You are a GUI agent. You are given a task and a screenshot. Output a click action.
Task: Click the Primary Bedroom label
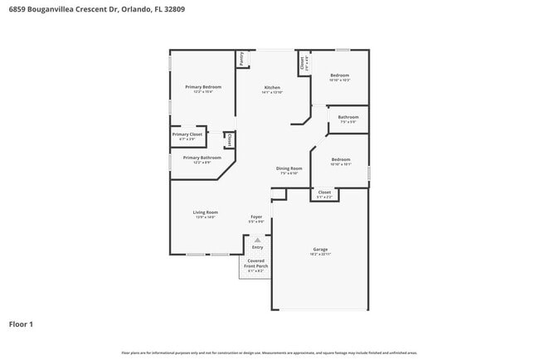(x=203, y=87)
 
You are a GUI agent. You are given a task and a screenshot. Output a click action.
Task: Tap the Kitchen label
(x=272, y=87)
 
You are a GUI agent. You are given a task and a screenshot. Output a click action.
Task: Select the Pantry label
(x=241, y=59)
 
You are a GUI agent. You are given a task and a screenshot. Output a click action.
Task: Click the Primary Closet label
(x=187, y=134)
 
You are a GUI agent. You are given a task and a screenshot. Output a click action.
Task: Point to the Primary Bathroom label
(x=202, y=158)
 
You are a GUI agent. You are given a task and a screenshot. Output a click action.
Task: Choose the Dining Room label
(x=289, y=168)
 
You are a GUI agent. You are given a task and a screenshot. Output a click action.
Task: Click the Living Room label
(x=206, y=212)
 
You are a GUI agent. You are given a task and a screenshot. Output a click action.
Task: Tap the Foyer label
(x=256, y=217)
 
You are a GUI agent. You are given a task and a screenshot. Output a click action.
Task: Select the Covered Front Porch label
(x=255, y=263)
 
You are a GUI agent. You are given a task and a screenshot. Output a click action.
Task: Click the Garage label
(x=320, y=249)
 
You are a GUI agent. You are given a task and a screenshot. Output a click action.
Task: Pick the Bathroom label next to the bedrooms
(x=348, y=117)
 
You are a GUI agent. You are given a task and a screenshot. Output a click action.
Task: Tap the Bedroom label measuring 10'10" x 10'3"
(x=340, y=75)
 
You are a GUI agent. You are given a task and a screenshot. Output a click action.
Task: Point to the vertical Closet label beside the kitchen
(x=303, y=62)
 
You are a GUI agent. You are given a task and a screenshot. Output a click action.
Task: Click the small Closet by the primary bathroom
(x=229, y=140)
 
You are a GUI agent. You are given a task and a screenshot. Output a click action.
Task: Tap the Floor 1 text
(x=21, y=324)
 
